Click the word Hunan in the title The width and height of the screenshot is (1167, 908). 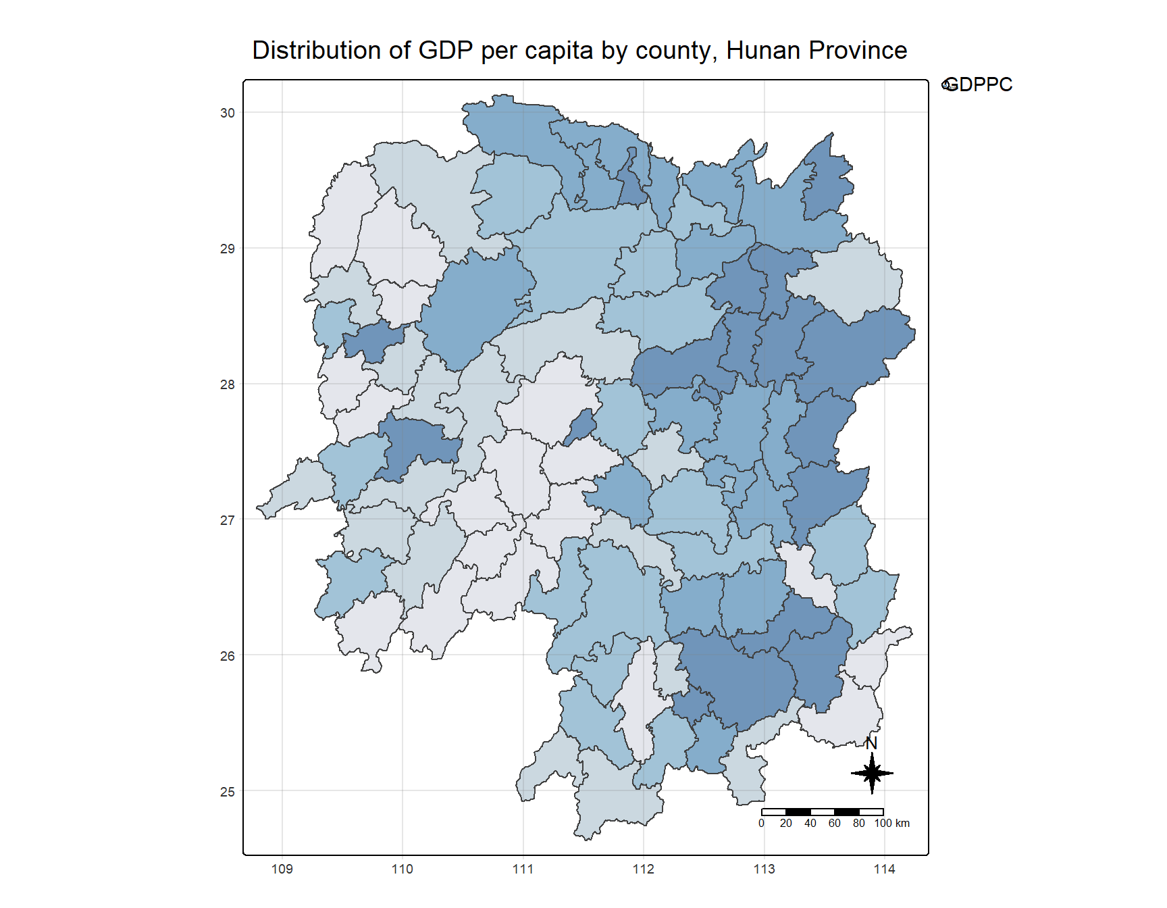[763, 51]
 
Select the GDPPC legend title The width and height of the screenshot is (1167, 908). [979, 84]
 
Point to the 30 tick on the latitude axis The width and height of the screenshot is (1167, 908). [228, 113]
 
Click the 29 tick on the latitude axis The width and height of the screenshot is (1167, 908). [228, 249]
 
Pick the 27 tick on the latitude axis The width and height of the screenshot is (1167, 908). [228, 520]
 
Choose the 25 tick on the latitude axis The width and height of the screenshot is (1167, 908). [228, 791]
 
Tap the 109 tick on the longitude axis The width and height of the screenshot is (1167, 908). [282, 869]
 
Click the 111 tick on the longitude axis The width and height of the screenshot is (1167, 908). [523, 869]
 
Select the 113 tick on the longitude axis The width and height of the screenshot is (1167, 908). [764, 869]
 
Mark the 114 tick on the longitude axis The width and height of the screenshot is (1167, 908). [884, 869]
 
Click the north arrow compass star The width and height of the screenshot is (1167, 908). [872, 773]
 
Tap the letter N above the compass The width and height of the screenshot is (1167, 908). [871, 743]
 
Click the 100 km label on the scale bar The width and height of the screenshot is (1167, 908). [891, 823]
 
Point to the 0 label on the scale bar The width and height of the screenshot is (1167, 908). [761, 823]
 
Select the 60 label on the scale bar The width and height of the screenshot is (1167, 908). [835, 823]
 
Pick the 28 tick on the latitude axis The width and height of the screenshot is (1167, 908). [228, 384]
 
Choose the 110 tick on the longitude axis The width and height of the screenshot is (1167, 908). [403, 869]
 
